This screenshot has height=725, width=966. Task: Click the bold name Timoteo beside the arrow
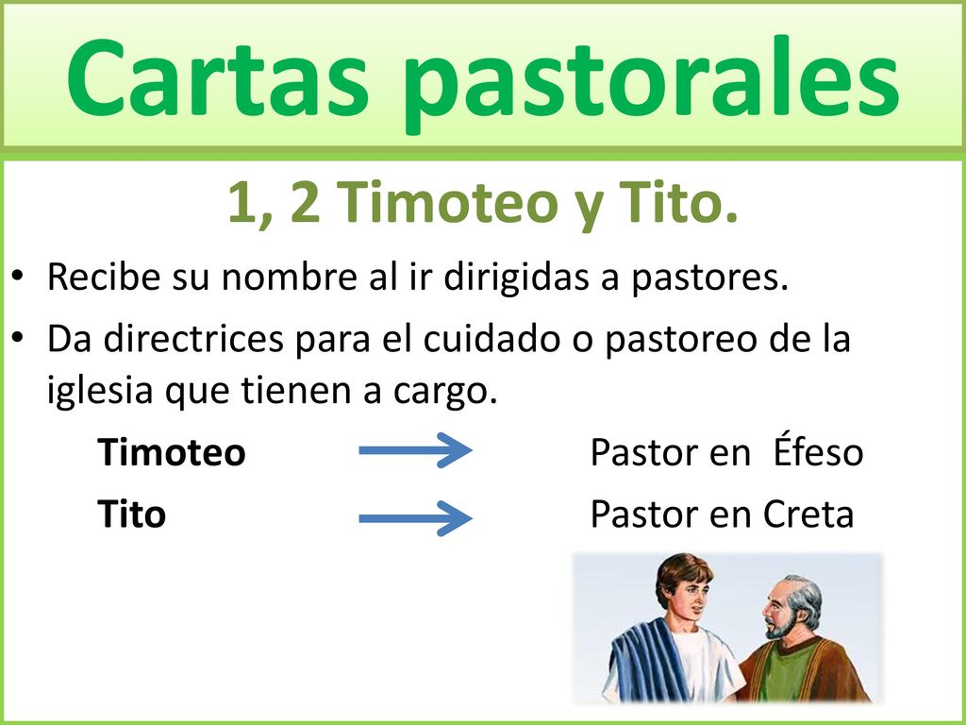172,453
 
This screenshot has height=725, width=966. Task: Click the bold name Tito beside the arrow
132,514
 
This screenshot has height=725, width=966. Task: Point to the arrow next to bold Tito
415,516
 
